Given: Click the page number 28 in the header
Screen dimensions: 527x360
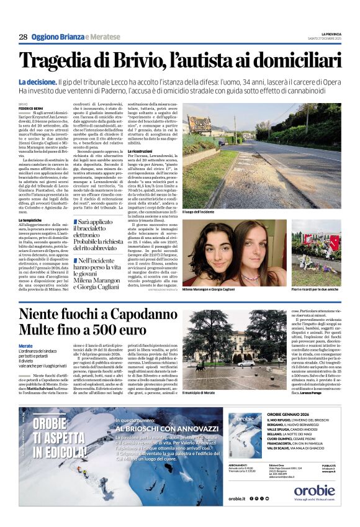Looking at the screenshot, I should [23, 37].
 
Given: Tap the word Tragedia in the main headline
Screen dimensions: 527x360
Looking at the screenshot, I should [56, 61].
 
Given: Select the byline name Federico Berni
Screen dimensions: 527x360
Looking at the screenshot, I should [31, 108].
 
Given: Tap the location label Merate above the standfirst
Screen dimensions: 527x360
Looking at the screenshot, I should [25, 345].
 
